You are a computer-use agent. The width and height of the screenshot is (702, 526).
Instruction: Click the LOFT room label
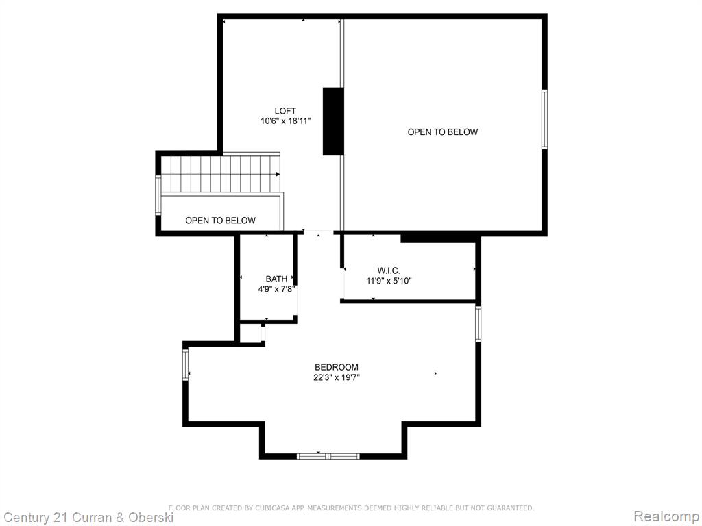tap(285, 111)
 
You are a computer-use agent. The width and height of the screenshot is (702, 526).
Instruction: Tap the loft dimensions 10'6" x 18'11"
tap(285, 121)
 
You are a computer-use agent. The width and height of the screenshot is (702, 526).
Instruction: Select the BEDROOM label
tap(336, 368)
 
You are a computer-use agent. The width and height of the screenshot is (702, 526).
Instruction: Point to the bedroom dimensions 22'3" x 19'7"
tap(336, 377)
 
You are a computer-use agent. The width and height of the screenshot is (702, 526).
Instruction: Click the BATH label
tap(276, 279)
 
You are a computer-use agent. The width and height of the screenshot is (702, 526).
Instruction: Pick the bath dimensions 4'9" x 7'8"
tap(276, 289)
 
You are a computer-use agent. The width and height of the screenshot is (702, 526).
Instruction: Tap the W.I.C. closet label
tap(389, 271)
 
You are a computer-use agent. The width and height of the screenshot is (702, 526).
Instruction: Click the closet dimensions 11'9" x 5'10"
tap(389, 281)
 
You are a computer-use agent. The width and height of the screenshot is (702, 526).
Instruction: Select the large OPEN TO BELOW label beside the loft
tap(442, 132)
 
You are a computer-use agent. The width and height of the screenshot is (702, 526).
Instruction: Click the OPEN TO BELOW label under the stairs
tap(220, 221)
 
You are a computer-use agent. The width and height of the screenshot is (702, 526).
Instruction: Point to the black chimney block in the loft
tap(333, 121)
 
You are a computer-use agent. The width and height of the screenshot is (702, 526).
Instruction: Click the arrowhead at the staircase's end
tap(278, 174)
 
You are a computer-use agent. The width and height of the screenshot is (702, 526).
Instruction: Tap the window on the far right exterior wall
tap(544, 119)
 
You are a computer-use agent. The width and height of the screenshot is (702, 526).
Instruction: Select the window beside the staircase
tap(158, 195)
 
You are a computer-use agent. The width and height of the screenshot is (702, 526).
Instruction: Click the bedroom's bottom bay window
tap(328, 456)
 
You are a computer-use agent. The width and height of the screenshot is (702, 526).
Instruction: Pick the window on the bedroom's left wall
tap(185, 364)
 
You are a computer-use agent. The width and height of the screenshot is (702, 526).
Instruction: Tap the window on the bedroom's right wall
tap(478, 324)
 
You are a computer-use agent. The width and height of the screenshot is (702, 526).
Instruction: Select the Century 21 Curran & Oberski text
tap(88, 518)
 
